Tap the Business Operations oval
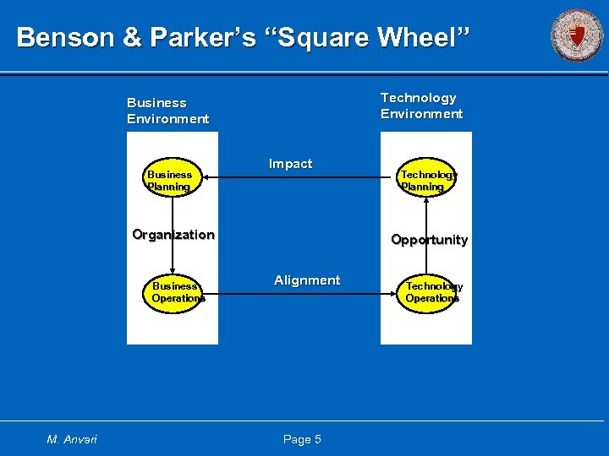click(178, 292)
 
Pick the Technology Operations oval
click(431, 292)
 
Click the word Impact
click(290, 164)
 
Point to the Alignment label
click(307, 280)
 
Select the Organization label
click(173, 235)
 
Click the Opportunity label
click(429, 240)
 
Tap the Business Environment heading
click(167, 111)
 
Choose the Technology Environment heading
click(421, 106)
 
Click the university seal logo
click(577, 35)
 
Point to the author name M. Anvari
click(72, 439)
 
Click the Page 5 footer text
click(302, 439)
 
